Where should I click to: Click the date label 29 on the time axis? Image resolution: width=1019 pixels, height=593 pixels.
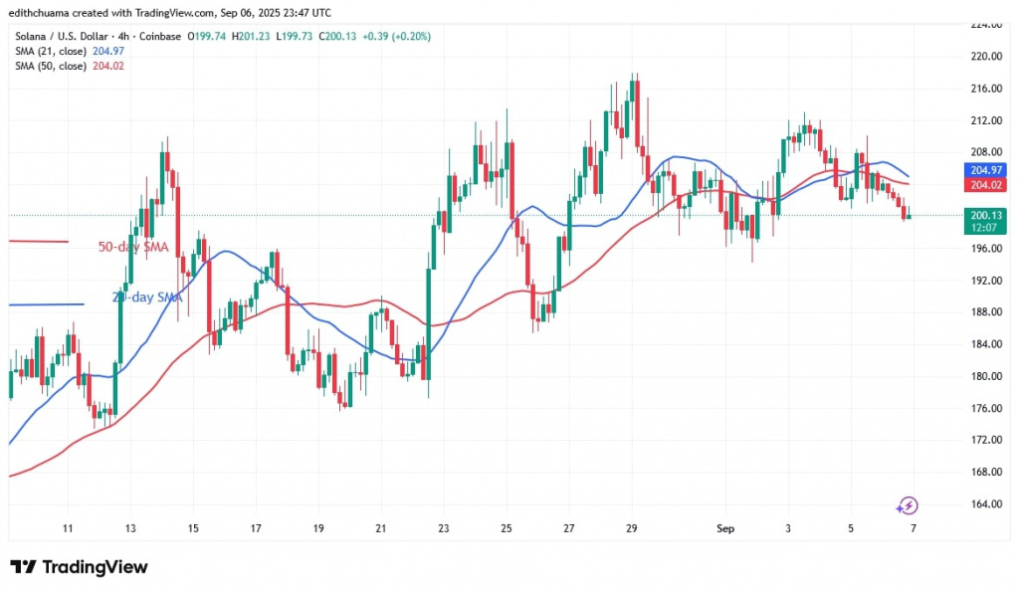632,528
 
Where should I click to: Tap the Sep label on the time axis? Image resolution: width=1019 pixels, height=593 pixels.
725,528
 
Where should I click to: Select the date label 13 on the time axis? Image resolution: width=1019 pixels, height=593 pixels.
130,528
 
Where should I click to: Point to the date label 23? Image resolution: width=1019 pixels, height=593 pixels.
443,528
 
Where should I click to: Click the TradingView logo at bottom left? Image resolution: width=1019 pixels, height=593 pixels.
80,567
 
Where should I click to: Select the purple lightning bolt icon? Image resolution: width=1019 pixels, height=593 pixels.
907,505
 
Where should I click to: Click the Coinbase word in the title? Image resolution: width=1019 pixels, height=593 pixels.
159,37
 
